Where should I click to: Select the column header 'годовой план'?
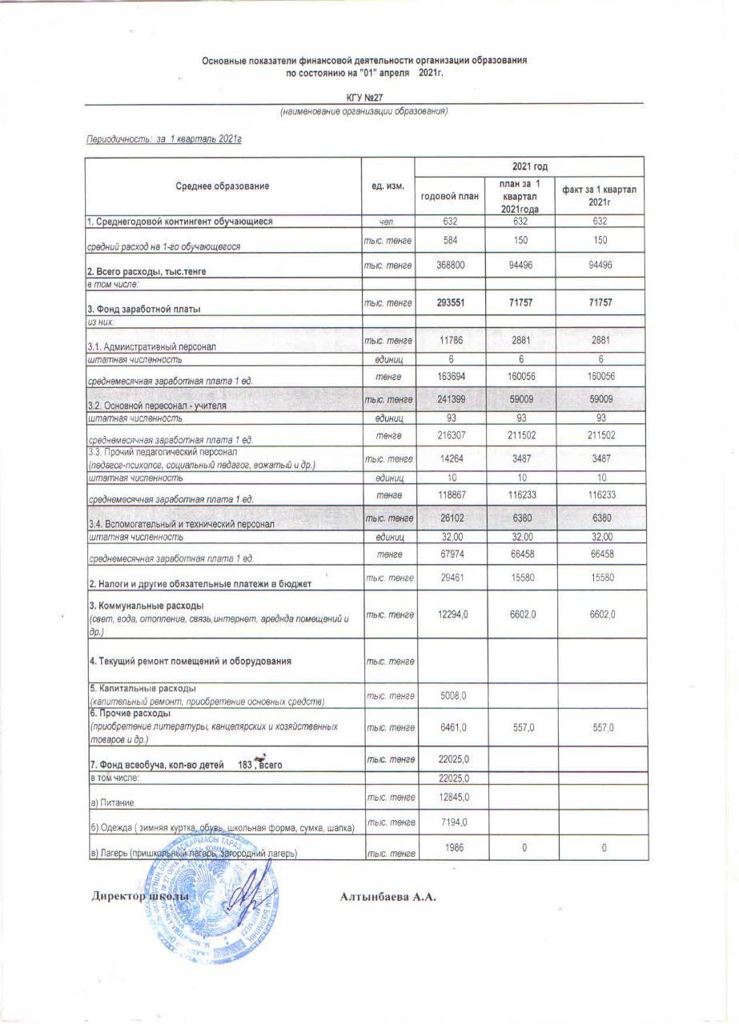449,196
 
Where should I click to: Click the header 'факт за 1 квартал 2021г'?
599,196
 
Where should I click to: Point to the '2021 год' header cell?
530,166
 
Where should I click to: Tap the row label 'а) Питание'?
112,802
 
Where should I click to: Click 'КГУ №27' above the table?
364,97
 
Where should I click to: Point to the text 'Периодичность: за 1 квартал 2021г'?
164,140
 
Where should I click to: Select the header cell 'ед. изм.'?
388,186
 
